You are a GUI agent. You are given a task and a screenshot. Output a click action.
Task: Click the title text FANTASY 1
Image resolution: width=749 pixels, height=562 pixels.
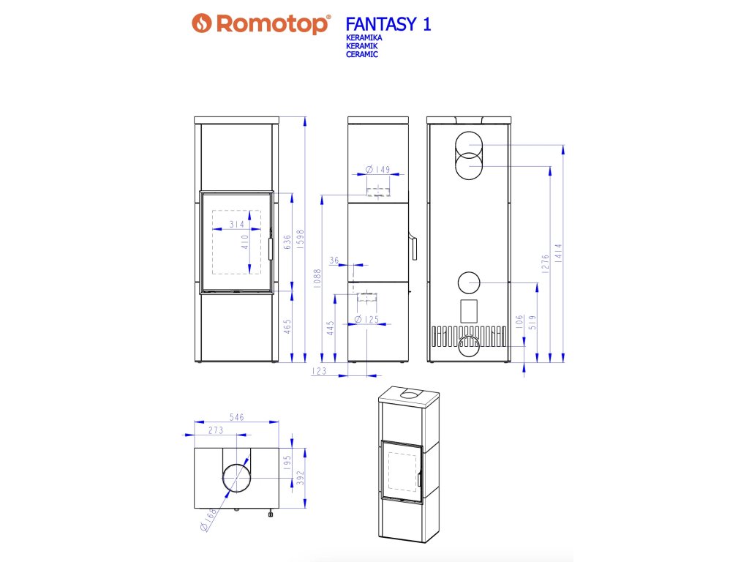[x=388, y=24]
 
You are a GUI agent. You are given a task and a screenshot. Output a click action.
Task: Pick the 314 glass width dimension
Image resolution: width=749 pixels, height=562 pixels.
[x=236, y=225]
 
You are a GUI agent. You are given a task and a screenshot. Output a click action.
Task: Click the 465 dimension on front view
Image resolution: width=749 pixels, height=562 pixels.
[x=287, y=326]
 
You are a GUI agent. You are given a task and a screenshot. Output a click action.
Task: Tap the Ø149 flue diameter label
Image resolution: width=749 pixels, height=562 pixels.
[x=377, y=170]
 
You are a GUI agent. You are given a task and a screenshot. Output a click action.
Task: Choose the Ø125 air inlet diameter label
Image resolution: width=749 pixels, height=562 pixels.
[x=368, y=319]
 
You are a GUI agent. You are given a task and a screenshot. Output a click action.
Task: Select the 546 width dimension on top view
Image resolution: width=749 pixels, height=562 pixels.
[x=236, y=417]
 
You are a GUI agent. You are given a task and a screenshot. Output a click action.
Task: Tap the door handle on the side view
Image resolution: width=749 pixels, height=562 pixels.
[x=414, y=247]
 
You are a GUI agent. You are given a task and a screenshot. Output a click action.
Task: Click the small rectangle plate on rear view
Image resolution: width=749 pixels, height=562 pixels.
[x=468, y=310]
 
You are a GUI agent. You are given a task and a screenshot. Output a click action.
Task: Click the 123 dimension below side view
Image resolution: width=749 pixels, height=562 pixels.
[x=319, y=372]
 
